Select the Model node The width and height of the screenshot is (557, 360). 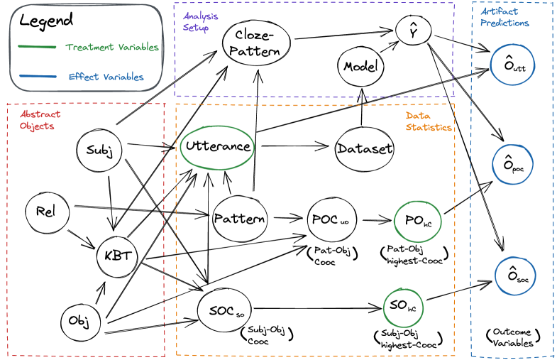click(360, 66)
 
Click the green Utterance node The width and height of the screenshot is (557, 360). click(218, 146)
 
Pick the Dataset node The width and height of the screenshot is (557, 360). click(364, 148)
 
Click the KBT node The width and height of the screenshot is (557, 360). click(117, 253)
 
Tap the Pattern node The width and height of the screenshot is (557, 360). click(240, 217)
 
